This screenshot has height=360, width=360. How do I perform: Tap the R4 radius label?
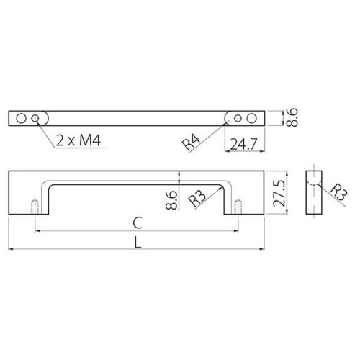pos(191,142)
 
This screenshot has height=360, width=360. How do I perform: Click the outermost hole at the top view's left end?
pos(22,117)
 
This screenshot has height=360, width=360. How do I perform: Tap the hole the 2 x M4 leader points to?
pos(36,117)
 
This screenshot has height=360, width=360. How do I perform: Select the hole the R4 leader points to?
pos(238,117)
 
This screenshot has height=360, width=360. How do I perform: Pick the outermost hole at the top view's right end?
pos(252,117)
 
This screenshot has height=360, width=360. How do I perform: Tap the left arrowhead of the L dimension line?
pos(12,249)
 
